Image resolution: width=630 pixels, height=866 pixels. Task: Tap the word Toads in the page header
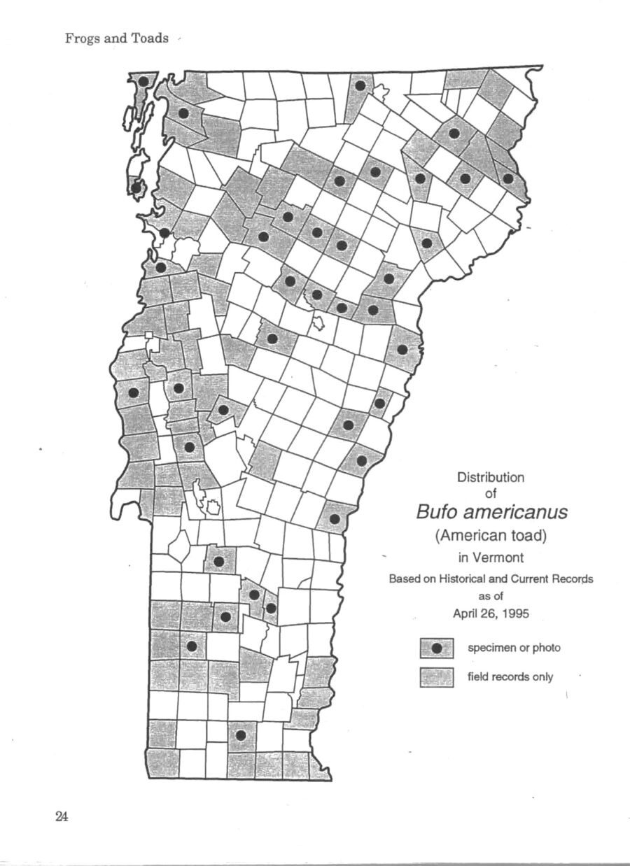click(152, 38)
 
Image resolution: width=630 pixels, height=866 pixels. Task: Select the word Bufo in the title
click(440, 513)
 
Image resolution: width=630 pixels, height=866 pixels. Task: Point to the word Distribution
click(490, 478)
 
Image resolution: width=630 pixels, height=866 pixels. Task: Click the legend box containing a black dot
click(437, 648)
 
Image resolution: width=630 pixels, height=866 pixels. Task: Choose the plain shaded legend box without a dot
click(437, 676)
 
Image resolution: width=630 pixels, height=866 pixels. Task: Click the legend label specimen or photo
click(514, 648)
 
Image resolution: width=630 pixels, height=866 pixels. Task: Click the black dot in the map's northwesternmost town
click(143, 81)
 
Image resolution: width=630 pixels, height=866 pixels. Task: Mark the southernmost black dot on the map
click(241, 735)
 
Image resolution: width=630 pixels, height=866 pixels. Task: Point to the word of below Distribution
click(490, 494)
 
